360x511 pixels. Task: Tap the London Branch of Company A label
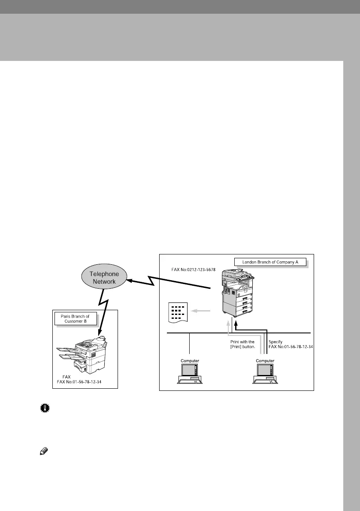coord(270,262)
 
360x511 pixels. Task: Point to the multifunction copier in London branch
coord(236,292)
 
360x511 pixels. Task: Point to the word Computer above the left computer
coord(189,361)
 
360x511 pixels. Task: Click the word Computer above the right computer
coord(265,361)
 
